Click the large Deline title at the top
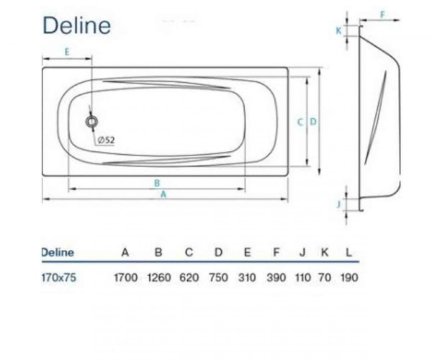(x=76, y=25)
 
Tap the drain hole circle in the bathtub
(x=91, y=122)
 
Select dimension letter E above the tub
(x=66, y=51)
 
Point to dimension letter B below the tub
(x=156, y=183)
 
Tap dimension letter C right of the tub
(x=300, y=122)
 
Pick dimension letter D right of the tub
(x=313, y=122)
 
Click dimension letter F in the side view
(x=382, y=14)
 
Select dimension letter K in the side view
(x=338, y=30)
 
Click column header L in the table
(x=349, y=253)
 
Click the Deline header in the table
(x=58, y=253)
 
